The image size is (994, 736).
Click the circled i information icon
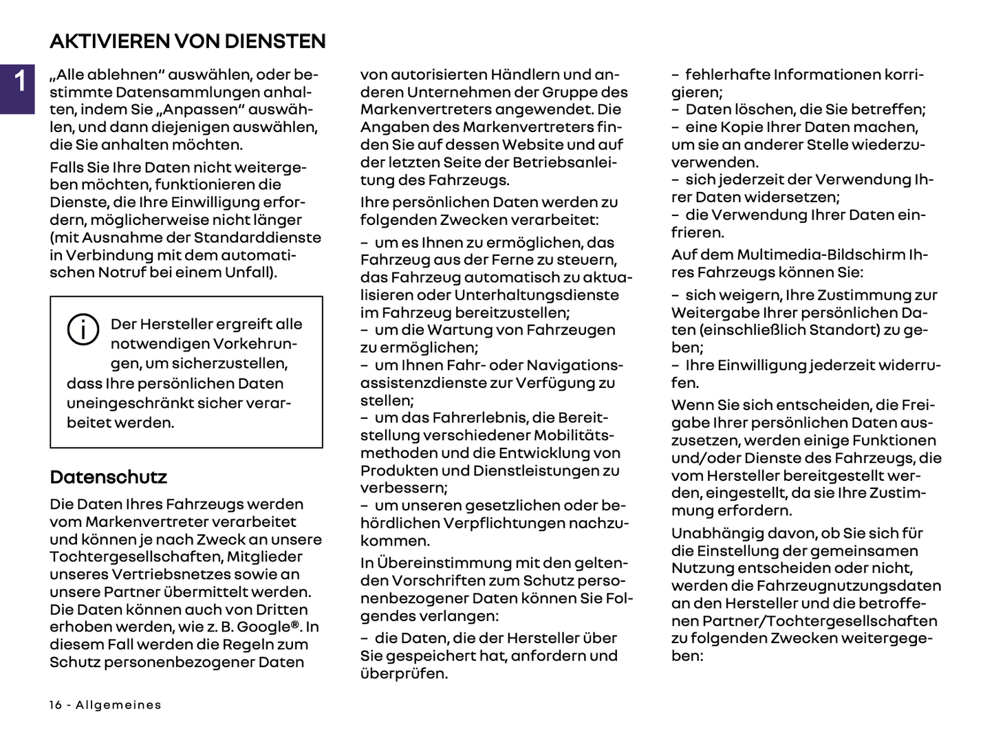[x=83, y=329]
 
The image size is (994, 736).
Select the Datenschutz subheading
[x=108, y=477]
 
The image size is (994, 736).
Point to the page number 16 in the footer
[x=56, y=705]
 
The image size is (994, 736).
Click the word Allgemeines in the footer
[x=118, y=705]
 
